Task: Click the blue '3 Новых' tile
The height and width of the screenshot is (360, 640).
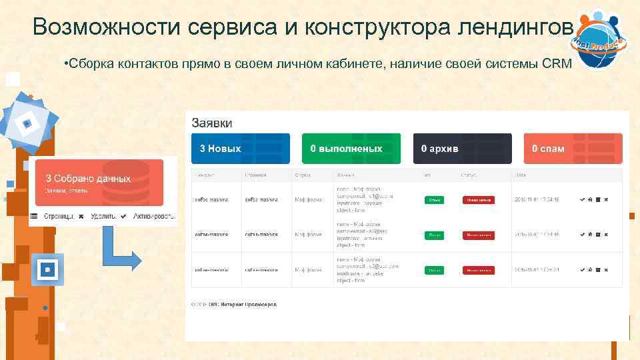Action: coord(241,148)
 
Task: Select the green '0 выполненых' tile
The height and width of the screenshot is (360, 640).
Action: coord(351,148)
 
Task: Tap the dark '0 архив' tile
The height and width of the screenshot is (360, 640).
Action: coord(462,148)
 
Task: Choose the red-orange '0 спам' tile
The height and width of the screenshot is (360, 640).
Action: coord(573,148)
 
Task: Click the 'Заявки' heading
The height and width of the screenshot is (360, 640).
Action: coord(212,123)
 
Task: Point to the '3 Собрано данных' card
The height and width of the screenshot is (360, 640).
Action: coord(99,182)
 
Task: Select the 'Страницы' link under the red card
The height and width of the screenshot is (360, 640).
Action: coord(59,217)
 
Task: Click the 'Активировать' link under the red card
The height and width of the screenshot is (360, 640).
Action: coord(154,217)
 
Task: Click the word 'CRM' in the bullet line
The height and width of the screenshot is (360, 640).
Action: coord(557,64)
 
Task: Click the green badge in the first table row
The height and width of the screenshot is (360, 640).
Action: coord(435,200)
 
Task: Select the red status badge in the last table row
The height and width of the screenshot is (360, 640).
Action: coord(479,270)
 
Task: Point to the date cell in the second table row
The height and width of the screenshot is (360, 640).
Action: coord(537,235)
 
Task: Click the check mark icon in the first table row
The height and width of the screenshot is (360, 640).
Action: coord(583,200)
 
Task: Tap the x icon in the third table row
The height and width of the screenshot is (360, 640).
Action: coord(606,270)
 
